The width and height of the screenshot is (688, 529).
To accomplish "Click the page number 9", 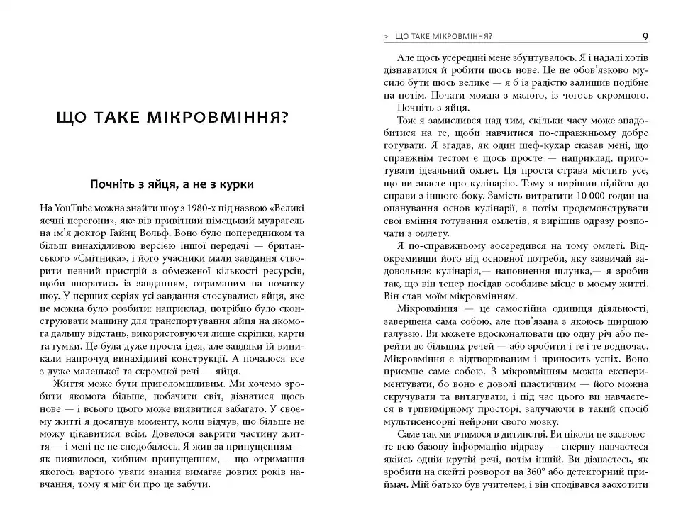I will pyautogui.click(x=643, y=36).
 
